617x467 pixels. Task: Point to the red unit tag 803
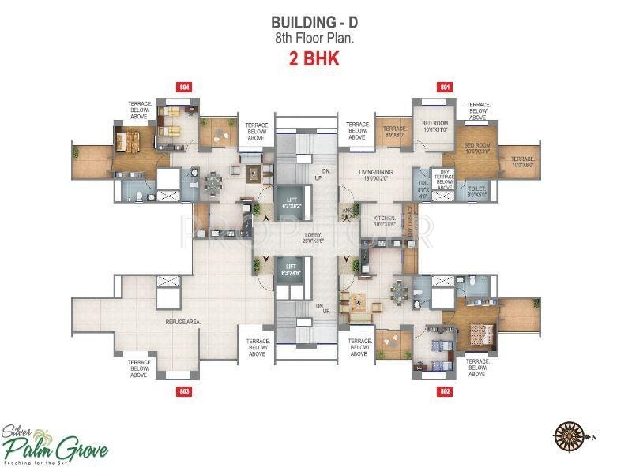(185, 390)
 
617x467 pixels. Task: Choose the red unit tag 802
(445, 390)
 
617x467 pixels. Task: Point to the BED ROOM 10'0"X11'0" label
(436, 126)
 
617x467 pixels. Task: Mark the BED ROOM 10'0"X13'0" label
(478, 150)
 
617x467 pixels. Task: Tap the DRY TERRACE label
(446, 180)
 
